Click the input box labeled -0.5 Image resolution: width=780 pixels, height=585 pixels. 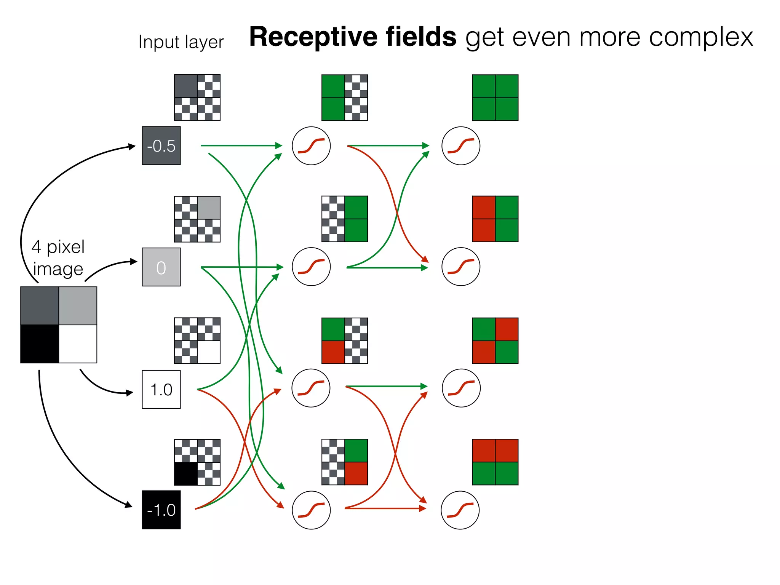(x=161, y=146)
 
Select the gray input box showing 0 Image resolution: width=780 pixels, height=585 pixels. (x=161, y=267)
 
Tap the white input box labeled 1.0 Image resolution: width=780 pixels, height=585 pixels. (x=161, y=389)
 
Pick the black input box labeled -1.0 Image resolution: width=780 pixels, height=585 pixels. (x=161, y=510)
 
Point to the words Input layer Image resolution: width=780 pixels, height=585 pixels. (x=181, y=42)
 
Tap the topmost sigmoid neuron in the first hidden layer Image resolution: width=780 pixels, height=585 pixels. (x=311, y=146)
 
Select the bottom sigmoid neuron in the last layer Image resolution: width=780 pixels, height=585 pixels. (x=460, y=510)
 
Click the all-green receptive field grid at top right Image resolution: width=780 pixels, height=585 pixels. (x=495, y=97)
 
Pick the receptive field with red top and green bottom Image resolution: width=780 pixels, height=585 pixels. (x=495, y=462)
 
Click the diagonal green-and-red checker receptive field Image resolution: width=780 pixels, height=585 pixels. (x=495, y=340)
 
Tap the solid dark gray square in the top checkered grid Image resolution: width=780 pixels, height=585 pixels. (x=186, y=86)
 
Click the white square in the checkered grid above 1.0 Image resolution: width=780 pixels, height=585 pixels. (x=209, y=352)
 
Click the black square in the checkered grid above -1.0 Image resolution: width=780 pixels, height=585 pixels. (x=186, y=473)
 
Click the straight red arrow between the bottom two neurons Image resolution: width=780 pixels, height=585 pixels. (x=385, y=508)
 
